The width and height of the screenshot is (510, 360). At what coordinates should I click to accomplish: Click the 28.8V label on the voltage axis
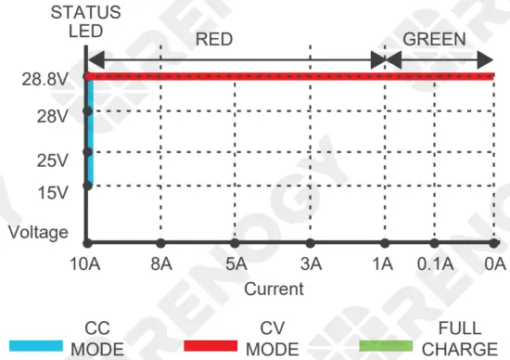coord(44,80)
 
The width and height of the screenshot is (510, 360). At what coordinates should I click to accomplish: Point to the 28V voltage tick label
coord(51,117)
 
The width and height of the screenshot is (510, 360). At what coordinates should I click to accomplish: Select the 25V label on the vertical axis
coord(51,160)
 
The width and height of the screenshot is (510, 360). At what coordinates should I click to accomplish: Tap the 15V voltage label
coord(51,192)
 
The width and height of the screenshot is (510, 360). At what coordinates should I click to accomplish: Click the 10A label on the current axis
coord(84,264)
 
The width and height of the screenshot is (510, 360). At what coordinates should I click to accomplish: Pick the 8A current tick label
coord(160,264)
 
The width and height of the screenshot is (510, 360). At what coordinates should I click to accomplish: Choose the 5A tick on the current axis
coord(236,264)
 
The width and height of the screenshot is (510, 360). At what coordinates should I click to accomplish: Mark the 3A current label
coord(311,264)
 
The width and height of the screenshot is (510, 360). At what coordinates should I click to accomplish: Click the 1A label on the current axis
coord(382,264)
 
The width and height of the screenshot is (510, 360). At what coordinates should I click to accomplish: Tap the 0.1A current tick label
coord(436,264)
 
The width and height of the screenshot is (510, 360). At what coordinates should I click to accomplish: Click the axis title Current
coord(274,289)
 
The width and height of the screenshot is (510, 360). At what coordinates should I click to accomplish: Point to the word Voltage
coord(38,232)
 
